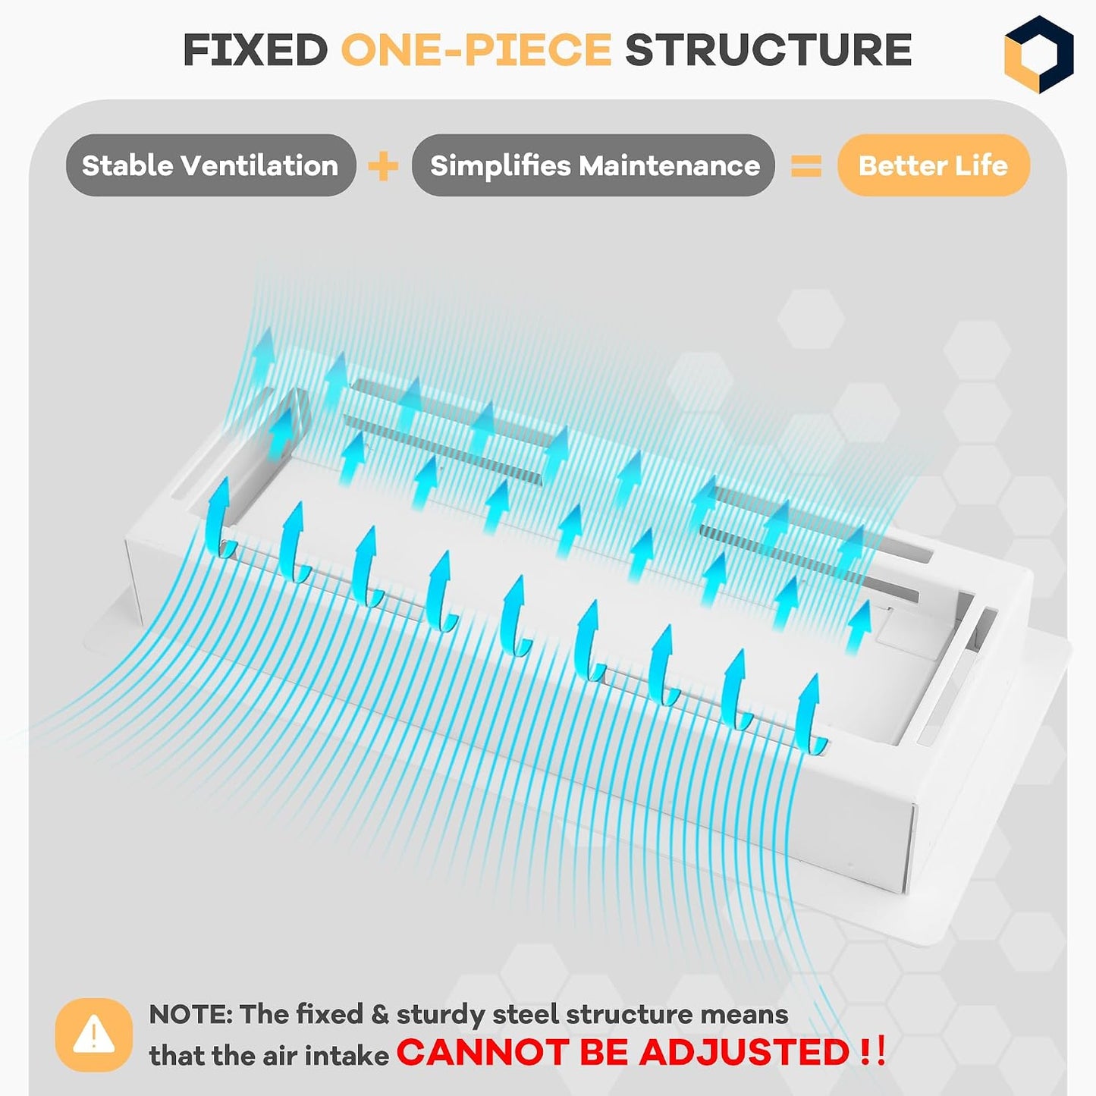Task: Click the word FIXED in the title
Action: coord(256,49)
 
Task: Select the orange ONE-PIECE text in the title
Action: coord(476,49)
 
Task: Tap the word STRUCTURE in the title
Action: coord(768,49)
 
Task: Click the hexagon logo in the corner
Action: coord(1038,54)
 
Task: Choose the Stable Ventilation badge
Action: coord(211,165)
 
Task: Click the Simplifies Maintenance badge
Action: coord(593,165)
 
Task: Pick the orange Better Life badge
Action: coord(934,165)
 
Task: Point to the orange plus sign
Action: coord(383,166)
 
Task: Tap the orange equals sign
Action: coord(806,166)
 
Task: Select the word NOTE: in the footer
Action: coord(190,1014)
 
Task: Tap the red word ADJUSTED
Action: coord(744,1052)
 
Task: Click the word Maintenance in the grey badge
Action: coord(669,165)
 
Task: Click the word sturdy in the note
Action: coord(441,1016)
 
